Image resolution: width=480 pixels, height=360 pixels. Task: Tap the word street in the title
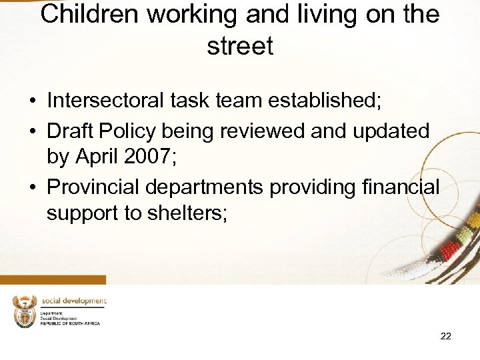pyautogui.click(x=240, y=46)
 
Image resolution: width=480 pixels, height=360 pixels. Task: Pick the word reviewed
pyautogui.click(x=257, y=130)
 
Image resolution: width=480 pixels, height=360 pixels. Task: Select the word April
pyautogui.click(x=99, y=158)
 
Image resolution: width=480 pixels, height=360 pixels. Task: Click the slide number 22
pyautogui.click(x=445, y=336)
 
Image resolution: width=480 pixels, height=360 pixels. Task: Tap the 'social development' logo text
pyautogui.click(x=73, y=301)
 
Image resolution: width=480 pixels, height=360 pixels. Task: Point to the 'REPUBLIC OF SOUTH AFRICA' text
pyautogui.click(x=70, y=323)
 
